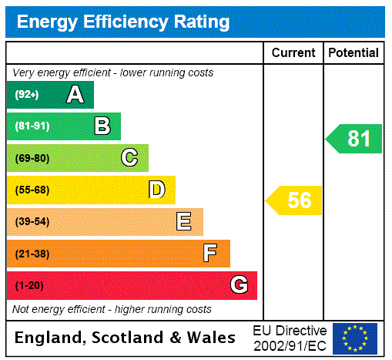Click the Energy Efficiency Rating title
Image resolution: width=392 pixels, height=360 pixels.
click(123, 22)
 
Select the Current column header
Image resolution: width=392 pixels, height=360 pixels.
click(293, 53)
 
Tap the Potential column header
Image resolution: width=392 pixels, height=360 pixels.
click(353, 53)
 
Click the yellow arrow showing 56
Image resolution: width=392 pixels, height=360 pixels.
click(295, 200)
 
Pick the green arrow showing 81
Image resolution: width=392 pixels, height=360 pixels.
click(354, 139)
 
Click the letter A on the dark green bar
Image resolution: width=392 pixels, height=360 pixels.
click(75, 95)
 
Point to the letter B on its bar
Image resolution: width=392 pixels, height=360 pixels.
click(102, 126)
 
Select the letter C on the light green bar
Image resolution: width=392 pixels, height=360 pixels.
click(129, 158)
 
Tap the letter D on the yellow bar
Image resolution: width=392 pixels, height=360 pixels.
click(156, 190)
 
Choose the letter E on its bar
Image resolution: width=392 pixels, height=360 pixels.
click(184, 222)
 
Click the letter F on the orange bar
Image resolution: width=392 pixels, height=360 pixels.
click(210, 254)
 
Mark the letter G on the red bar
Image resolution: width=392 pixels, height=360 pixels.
click(239, 285)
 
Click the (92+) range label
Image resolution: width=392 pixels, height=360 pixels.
click(27, 95)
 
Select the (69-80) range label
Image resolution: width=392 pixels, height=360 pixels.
click(32, 158)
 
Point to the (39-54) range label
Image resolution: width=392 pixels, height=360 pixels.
click(32, 222)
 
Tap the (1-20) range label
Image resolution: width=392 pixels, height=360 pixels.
click(29, 285)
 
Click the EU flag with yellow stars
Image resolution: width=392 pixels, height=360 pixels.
click(355, 338)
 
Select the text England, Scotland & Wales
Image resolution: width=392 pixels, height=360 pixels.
click(126, 338)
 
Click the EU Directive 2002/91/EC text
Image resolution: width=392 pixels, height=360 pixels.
click(290, 338)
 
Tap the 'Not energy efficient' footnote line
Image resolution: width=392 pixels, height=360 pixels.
click(112, 309)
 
